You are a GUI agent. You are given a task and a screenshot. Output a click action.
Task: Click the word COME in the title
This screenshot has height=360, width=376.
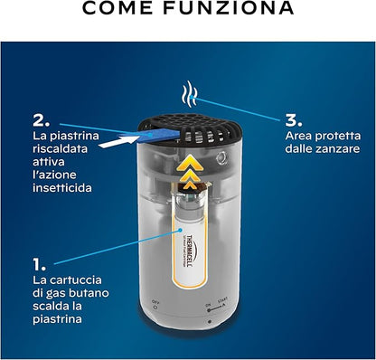click(x=117, y=7)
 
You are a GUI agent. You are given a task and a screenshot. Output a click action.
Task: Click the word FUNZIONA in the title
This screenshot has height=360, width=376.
click(x=229, y=7)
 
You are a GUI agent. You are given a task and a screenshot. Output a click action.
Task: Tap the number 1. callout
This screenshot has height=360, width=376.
click(x=40, y=264)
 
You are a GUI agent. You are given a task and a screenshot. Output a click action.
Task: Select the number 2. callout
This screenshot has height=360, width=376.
click(x=42, y=121)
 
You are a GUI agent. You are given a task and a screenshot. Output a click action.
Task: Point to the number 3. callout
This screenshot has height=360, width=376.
click(x=294, y=120)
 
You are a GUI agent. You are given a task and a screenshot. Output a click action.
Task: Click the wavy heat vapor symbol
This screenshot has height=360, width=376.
click(x=189, y=94)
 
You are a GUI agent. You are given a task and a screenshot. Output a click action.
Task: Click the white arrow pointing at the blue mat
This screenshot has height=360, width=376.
click(x=117, y=141)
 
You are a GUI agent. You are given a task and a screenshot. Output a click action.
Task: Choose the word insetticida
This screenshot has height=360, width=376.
click(x=62, y=188)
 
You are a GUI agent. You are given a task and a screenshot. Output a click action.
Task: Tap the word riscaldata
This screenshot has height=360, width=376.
click(x=61, y=148)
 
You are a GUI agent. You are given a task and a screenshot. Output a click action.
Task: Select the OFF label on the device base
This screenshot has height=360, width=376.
click(x=155, y=301)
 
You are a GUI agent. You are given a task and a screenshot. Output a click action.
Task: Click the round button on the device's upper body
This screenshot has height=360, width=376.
click(x=221, y=158)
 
